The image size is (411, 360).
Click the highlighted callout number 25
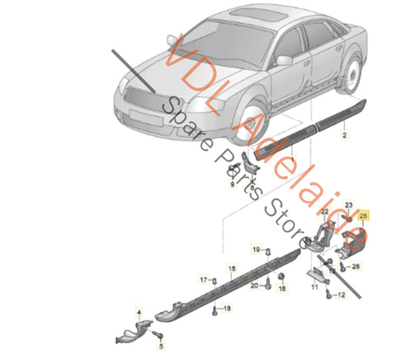click(x=365, y=217)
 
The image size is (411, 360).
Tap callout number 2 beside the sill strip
click(x=345, y=134)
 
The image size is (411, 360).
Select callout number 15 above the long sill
click(x=228, y=267)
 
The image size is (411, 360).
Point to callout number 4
click(x=139, y=313)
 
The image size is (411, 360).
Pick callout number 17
click(x=204, y=278)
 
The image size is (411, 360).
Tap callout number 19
click(x=255, y=250)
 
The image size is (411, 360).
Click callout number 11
click(x=314, y=287)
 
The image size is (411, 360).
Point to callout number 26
click(x=355, y=267)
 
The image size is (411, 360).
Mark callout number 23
click(x=349, y=204)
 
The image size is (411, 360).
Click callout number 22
click(x=325, y=212)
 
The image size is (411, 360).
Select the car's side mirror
click(x=285, y=60)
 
